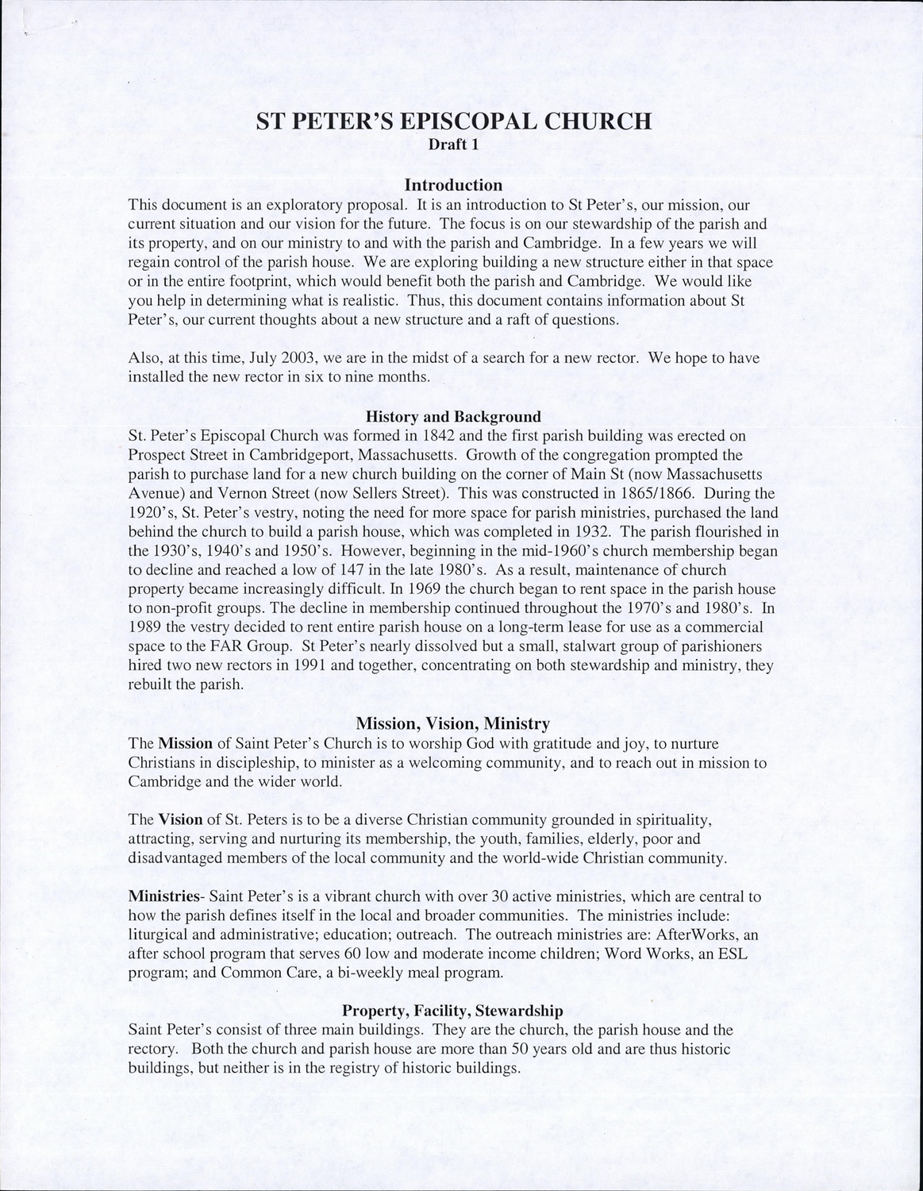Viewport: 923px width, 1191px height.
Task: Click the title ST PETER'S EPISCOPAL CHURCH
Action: [x=453, y=121]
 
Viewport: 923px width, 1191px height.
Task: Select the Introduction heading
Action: [x=453, y=184]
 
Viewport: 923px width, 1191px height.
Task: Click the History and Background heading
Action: [x=453, y=416]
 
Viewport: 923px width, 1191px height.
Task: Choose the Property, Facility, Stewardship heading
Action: [x=452, y=1011]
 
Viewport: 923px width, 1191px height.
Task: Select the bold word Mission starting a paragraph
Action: [x=186, y=744]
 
